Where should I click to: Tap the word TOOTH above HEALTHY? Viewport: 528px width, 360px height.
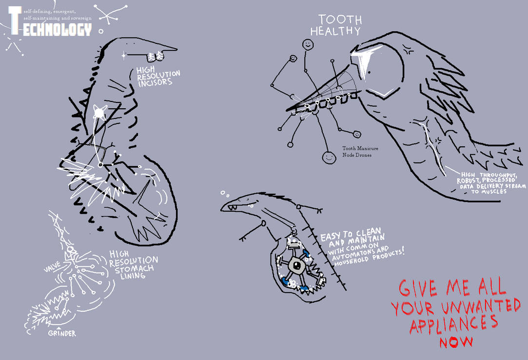click(340, 20)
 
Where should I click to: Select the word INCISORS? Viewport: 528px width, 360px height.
click(154, 82)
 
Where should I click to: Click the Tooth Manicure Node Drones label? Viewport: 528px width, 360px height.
click(360, 152)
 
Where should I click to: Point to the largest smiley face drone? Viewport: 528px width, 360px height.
click(329, 157)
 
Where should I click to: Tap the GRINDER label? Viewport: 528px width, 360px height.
click(61, 334)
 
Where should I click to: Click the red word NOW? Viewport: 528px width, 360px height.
click(456, 341)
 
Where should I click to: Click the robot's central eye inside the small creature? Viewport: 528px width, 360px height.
click(295, 265)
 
